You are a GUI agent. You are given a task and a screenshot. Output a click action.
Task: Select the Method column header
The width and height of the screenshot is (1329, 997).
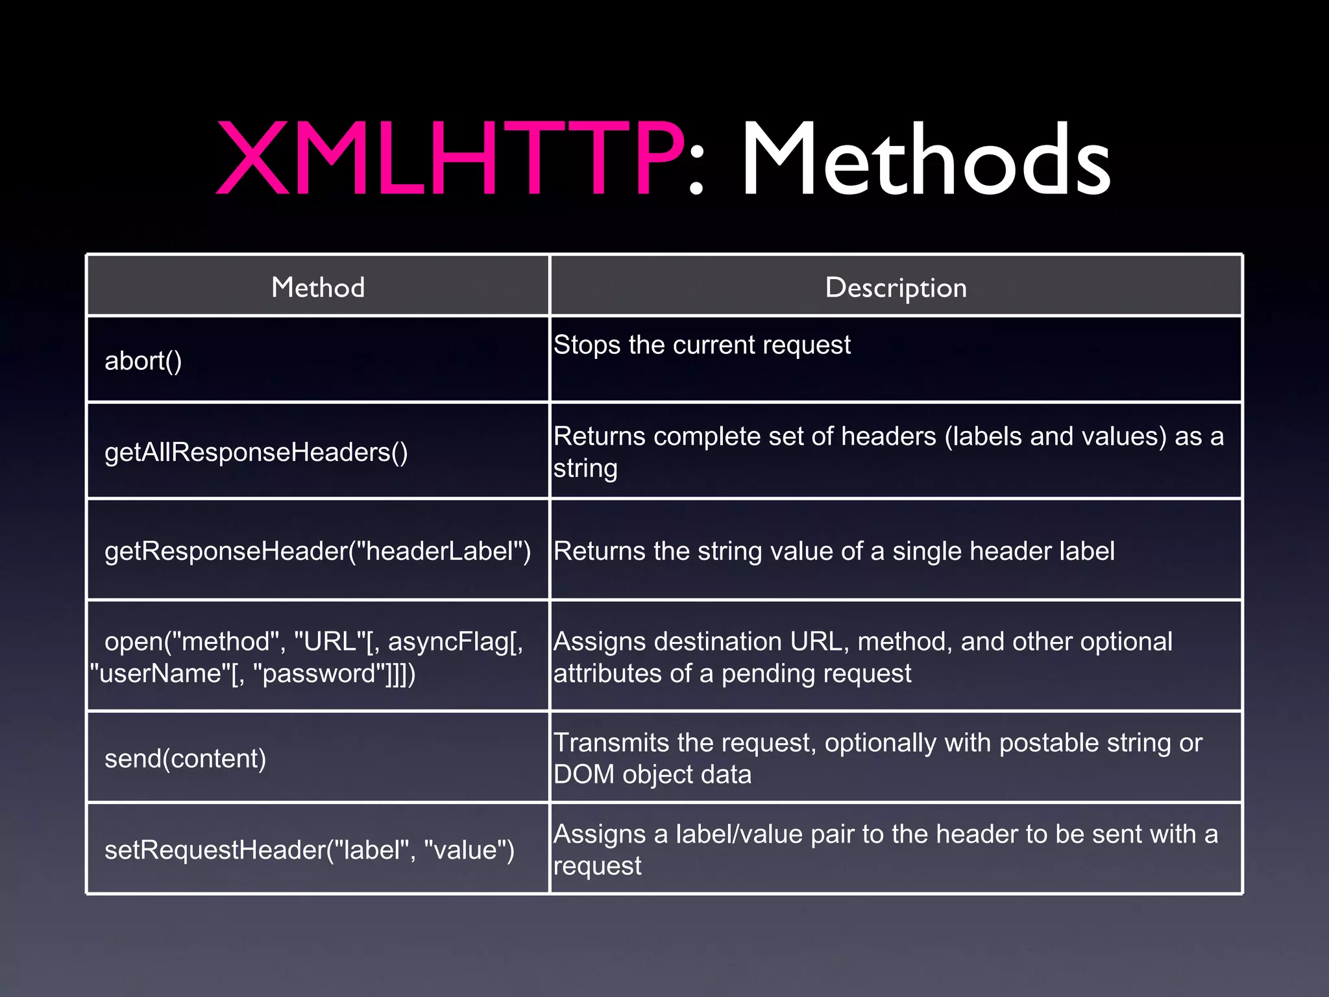click(x=318, y=287)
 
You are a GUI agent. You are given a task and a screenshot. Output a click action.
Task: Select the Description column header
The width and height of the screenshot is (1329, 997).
click(x=896, y=288)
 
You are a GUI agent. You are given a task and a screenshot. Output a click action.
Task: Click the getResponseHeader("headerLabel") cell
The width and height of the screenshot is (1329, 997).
click(x=317, y=551)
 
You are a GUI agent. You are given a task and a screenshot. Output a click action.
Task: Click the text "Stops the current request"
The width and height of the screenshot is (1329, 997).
click(x=701, y=345)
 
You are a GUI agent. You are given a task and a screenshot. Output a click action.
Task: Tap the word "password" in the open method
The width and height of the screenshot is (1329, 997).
click(x=317, y=674)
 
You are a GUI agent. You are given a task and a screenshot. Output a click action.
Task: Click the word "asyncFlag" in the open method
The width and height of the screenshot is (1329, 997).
click(x=448, y=641)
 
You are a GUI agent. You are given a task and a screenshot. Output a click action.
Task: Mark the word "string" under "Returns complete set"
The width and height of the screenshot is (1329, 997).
click(x=585, y=469)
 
